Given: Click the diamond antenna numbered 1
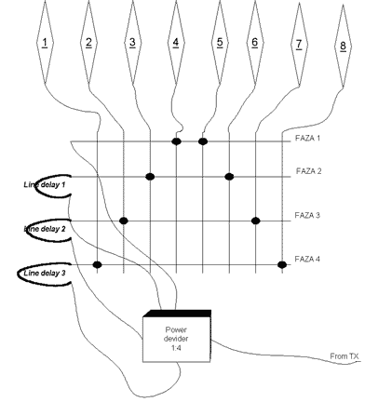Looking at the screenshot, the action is (x=45, y=42).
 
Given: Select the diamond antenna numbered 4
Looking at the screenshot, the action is (x=176, y=42).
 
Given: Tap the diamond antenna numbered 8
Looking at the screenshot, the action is (x=343, y=46).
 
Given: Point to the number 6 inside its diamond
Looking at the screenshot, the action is (x=255, y=42).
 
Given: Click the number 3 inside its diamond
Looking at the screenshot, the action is (x=132, y=42).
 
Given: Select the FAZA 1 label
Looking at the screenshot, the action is (x=307, y=138).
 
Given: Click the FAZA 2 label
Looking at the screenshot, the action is (x=308, y=171).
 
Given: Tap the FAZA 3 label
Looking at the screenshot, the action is (x=307, y=215).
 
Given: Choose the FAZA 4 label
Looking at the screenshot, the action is (x=307, y=259).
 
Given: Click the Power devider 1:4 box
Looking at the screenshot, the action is (x=177, y=336).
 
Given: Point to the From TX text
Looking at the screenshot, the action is (x=344, y=356).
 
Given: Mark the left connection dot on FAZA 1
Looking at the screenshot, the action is (x=176, y=141).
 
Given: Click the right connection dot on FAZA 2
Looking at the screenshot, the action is (x=229, y=177).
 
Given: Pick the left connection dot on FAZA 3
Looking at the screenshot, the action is (x=124, y=221).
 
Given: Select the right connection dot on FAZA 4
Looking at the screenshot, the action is (x=282, y=265).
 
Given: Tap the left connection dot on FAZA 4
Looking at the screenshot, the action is (x=98, y=265).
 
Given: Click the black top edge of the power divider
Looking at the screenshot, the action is (x=178, y=313).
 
